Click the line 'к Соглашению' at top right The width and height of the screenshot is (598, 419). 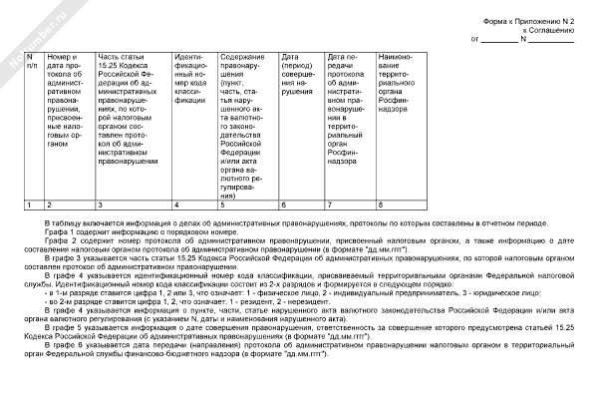[x=548, y=30]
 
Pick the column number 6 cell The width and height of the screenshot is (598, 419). [x=300, y=204]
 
